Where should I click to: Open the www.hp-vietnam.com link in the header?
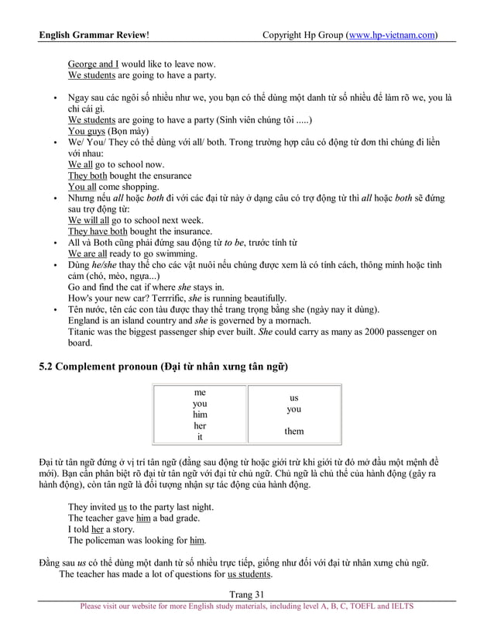[390, 35]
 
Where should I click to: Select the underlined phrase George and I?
[93, 64]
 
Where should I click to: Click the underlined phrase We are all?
[87, 253]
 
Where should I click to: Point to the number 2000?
[372, 332]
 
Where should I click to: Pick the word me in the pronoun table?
[200, 393]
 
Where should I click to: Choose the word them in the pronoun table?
[293, 432]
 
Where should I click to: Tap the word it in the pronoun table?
[200, 437]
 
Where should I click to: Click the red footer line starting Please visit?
[247, 607]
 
